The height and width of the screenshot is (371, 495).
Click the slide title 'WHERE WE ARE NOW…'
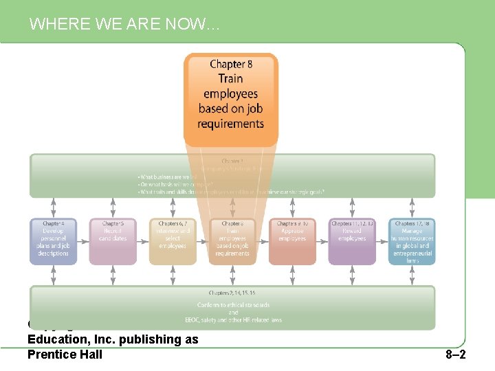(x=124, y=25)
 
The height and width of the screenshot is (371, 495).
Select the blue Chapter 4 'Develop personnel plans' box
(x=53, y=241)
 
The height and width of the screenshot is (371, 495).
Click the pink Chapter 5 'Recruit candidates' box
(x=113, y=241)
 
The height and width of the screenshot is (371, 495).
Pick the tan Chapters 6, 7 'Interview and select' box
(x=173, y=241)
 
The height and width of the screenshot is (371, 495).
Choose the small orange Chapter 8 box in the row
(x=232, y=241)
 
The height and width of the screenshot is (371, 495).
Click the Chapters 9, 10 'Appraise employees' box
(x=291, y=241)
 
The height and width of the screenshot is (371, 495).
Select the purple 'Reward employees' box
(x=352, y=241)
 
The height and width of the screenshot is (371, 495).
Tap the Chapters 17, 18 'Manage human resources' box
(x=412, y=241)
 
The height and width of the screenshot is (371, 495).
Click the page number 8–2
(x=455, y=355)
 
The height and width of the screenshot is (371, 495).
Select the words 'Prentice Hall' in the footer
(x=65, y=354)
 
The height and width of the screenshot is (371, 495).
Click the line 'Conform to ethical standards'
(x=233, y=305)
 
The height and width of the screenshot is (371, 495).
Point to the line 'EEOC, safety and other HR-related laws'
(x=233, y=319)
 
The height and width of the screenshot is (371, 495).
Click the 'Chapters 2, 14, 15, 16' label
(x=233, y=293)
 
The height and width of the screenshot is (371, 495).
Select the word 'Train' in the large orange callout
(x=230, y=79)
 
